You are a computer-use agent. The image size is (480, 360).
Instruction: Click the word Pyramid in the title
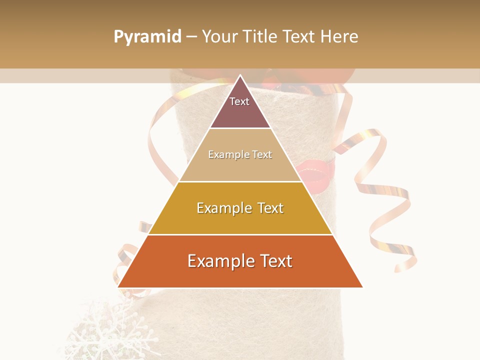147,37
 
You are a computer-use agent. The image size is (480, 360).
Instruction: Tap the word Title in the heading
259,37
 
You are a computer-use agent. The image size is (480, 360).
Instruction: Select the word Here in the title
339,37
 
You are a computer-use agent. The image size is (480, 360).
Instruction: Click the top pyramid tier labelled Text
240,107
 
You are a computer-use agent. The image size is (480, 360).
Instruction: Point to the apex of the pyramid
240,76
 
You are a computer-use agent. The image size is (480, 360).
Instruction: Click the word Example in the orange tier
218,261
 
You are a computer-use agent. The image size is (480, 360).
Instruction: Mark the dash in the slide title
191,37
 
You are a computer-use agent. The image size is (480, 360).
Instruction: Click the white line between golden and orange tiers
240,234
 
